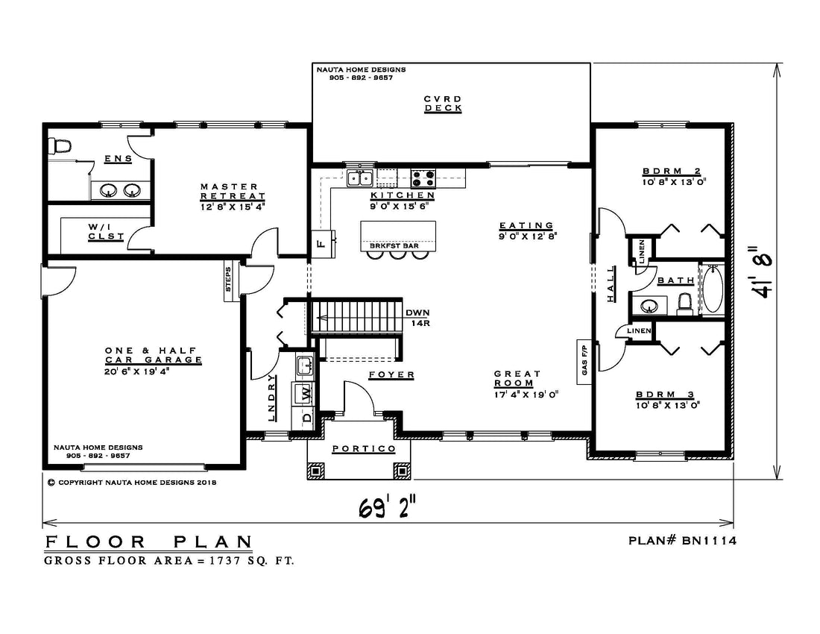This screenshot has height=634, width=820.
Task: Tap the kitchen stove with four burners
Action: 423,178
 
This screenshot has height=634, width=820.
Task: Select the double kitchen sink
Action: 360,178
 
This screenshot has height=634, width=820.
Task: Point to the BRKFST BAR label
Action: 394,245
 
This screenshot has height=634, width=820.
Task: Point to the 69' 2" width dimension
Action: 388,507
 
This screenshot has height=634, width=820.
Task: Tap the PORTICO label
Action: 364,449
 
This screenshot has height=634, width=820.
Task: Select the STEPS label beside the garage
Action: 229,280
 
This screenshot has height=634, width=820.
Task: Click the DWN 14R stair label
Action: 418,318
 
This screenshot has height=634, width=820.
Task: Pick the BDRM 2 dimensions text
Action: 675,182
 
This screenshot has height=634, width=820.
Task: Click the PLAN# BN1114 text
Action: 682,540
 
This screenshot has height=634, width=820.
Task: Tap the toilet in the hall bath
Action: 684,304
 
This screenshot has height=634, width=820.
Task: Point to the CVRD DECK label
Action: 443,104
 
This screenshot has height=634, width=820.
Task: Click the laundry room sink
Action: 304,365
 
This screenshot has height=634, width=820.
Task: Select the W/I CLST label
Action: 106,232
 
